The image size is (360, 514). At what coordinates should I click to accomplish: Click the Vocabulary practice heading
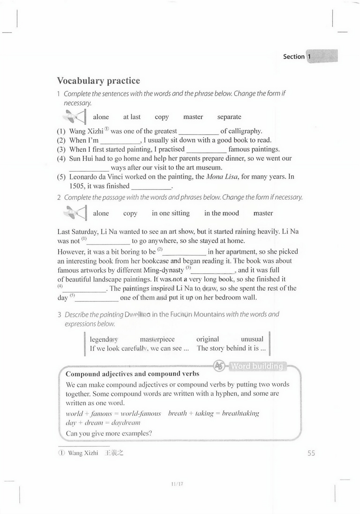pyautogui.click(x=98, y=81)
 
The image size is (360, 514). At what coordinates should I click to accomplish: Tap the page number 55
pyautogui.click(x=311, y=453)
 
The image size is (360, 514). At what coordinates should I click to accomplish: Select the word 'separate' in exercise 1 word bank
pyautogui.click(x=229, y=117)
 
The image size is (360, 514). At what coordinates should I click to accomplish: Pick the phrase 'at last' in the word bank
pyautogui.click(x=132, y=117)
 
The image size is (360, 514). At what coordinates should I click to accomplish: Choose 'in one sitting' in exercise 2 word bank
pyautogui.click(x=171, y=213)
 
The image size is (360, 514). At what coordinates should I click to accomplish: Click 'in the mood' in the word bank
pyautogui.click(x=221, y=213)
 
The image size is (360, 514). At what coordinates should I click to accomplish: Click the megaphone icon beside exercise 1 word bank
pyautogui.click(x=75, y=117)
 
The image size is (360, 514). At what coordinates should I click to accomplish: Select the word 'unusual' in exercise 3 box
pyautogui.click(x=252, y=339)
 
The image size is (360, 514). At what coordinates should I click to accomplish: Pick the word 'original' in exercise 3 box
pyautogui.click(x=208, y=339)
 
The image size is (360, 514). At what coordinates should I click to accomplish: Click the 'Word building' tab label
pyautogui.click(x=257, y=366)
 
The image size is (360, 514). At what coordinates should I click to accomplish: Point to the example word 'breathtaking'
pyautogui.click(x=240, y=414)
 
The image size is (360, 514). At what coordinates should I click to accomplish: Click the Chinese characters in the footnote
pyautogui.click(x=114, y=453)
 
